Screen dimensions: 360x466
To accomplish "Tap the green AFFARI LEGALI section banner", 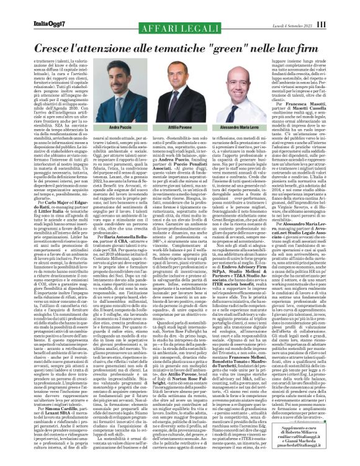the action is tap(180, 29).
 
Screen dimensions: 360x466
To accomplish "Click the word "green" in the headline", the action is tap(222, 47).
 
